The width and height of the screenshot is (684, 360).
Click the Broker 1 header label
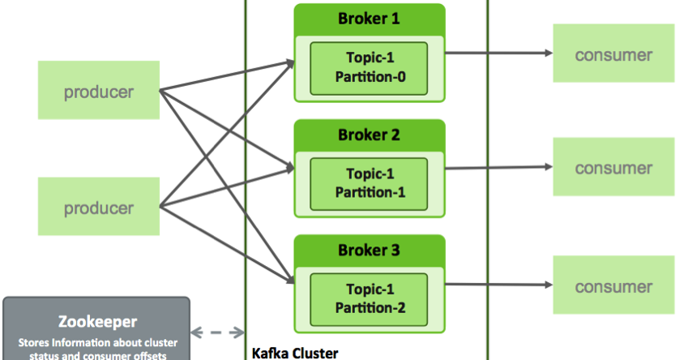(369, 18)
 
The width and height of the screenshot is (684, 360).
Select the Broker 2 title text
(369, 135)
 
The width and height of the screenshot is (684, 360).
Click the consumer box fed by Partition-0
(613, 54)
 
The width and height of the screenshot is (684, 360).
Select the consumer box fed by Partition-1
(613, 169)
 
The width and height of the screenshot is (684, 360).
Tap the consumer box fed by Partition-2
(613, 286)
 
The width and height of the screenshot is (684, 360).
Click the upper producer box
(98, 91)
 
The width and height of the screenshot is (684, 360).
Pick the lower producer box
(98, 207)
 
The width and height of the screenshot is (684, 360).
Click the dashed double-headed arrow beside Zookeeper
(217, 332)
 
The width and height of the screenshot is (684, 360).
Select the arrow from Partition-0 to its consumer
(498, 54)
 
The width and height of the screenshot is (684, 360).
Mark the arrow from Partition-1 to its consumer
(498, 169)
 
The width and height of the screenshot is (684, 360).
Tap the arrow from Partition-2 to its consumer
(498, 285)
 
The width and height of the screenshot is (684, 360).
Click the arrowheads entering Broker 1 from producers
(288, 62)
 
